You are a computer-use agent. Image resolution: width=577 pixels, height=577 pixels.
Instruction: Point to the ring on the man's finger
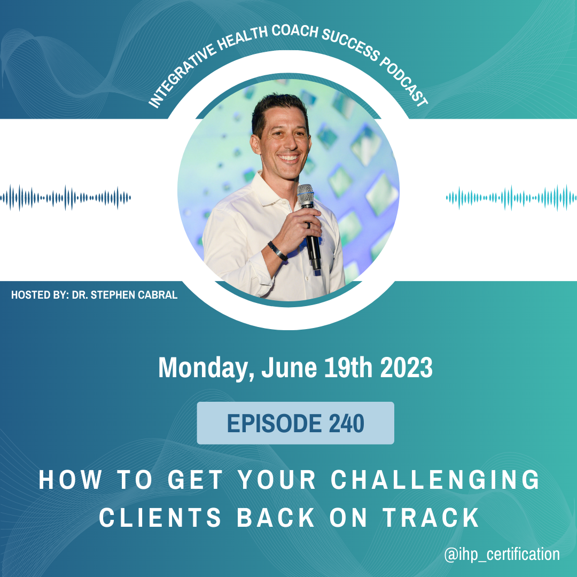pos(308,225)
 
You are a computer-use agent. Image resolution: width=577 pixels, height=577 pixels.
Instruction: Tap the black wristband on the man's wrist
pos(277,251)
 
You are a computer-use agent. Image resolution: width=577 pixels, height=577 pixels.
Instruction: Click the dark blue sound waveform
pos(66,198)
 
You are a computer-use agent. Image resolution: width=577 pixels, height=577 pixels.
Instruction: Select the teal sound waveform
pos(511,198)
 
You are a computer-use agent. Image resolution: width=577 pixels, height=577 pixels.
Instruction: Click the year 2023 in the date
pos(406,368)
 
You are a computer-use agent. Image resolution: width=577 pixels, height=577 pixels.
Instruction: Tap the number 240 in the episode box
pos(346,423)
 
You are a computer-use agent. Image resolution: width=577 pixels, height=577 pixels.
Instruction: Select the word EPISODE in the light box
pos(274,423)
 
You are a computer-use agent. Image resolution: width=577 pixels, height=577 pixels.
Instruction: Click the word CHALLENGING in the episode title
pos(435,479)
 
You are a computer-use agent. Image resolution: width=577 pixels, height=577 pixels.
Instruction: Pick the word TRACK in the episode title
pos(431,517)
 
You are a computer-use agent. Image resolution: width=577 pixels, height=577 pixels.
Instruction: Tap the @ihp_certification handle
pos(502,554)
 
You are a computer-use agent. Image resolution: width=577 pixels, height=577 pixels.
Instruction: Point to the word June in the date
pos(289,368)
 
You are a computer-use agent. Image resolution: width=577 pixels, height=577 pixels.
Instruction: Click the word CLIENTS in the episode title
pos(160,517)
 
